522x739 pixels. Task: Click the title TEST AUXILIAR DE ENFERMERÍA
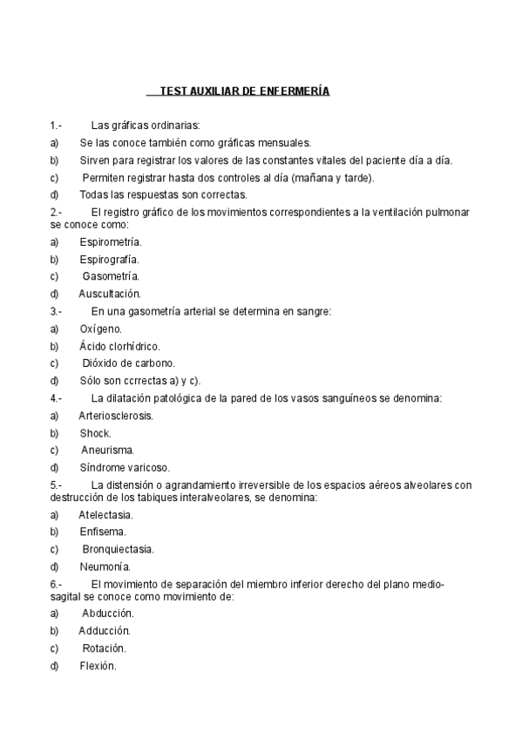tap(238, 91)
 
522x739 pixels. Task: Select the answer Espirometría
tap(111, 241)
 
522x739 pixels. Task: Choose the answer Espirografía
tap(109, 259)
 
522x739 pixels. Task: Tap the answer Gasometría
tap(111, 276)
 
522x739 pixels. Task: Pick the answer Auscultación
tap(110, 294)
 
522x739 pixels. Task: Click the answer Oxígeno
tap(101, 329)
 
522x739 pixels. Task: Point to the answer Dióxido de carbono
tap(129, 363)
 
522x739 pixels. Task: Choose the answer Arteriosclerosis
tap(116, 416)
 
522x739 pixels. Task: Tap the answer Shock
tap(96, 432)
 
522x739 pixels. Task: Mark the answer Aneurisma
tap(108, 450)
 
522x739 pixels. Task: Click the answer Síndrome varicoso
tap(125, 467)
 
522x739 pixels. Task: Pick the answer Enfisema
tap(103, 531)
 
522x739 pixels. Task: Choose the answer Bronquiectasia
tap(119, 549)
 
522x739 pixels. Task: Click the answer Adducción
tap(105, 630)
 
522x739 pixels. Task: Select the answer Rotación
tap(105, 648)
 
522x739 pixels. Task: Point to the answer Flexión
tap(98, 666)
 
